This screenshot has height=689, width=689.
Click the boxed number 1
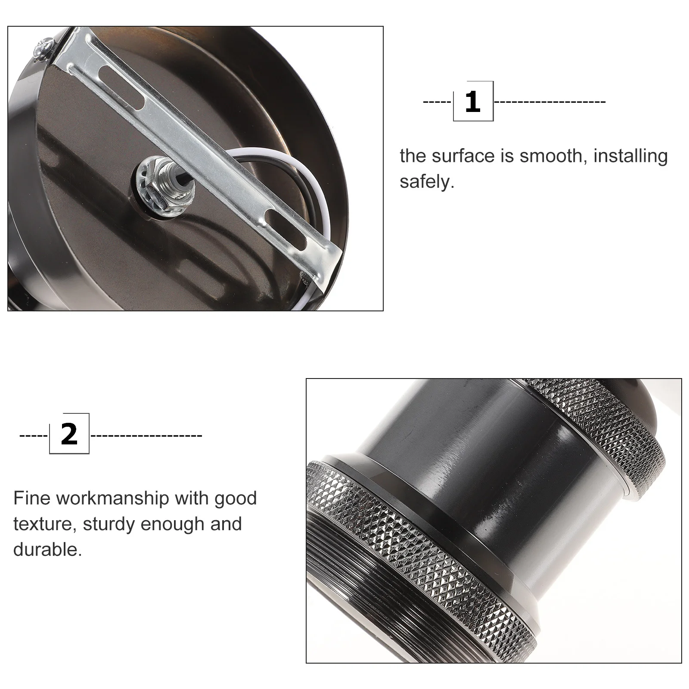(x=473, y=102)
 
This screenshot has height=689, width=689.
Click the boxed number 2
(x=69, y=434)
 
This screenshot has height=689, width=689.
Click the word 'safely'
(x=426, y=182)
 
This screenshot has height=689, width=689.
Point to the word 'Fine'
(x=32, y=498)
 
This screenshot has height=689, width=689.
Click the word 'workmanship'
(x=113, y=499)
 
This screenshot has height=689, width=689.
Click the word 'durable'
(x=47, y=550)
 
